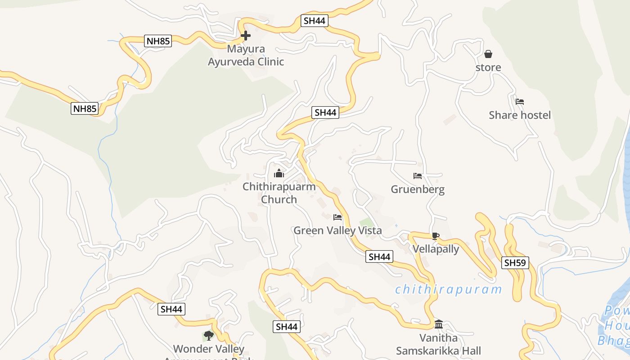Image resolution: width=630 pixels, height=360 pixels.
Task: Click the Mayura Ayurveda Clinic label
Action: [x=246, y=55]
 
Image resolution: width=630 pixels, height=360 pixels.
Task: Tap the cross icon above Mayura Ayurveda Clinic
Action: [x=246, y=36]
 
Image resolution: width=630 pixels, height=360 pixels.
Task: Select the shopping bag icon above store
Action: [x=488, y=54]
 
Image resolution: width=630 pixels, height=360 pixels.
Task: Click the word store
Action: [x=488, y=67]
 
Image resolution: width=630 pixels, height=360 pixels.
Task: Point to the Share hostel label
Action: [x=520, y=115]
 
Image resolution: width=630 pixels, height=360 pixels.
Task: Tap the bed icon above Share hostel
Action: [x=520, y=102]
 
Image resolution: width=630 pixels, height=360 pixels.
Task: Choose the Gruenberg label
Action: [x=418, y=189]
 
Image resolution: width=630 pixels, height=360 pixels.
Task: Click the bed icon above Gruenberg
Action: [x=418, y=176]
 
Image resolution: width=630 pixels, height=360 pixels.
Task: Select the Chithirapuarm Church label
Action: [x=279, y=193]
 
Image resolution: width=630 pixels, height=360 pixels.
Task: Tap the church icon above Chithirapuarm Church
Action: [x=279, y=173]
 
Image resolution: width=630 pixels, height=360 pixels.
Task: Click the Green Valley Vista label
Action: [x=337, y=230]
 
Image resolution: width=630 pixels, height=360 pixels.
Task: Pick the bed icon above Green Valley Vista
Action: [x=337, y=217]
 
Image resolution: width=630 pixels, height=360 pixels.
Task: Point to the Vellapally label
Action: [x=436, y=249]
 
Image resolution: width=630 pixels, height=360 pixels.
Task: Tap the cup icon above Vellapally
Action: [x=435, y=236]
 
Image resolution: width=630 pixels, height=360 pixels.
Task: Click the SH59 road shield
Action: [x=515, y=263]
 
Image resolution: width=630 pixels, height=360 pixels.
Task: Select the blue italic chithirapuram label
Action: [x=448, y=289]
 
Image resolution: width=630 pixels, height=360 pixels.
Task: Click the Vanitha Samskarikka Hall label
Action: [x=438, y=344]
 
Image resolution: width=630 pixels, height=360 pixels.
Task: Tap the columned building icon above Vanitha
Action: [x=439, y=324]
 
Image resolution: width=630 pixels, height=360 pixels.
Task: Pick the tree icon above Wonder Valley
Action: [x=208, y=335]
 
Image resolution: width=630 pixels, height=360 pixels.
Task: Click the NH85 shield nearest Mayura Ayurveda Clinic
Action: [x=158, y=41]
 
